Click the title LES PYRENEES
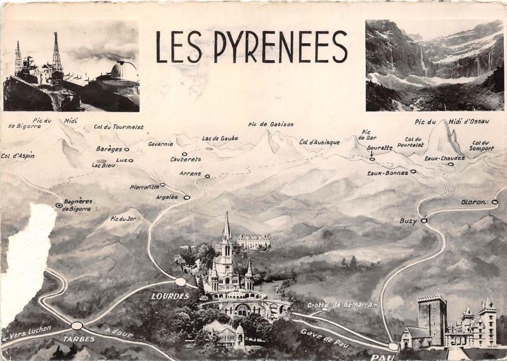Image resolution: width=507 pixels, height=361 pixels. coord(252,47)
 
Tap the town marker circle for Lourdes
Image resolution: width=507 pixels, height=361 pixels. coord(181,281)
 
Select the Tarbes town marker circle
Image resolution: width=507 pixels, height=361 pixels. coord(77,326)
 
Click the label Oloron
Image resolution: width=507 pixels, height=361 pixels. coord(473,202)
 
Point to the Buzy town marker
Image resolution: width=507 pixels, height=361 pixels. coord(424,220)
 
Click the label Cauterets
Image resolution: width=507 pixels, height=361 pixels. coord(185,159)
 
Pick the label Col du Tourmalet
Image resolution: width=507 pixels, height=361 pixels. coord(119,127)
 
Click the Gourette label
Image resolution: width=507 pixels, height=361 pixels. coord(380,148)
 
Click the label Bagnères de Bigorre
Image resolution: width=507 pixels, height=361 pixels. coord(78,205)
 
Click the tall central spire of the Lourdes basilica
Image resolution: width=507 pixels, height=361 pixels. coord(226,228)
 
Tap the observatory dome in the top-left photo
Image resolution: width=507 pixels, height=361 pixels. coord(124,70)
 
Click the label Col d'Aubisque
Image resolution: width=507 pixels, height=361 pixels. coord(319,142)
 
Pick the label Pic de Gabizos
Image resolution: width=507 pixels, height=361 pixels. coord(271,124)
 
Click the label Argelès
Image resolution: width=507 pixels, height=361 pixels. coord(167,197)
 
